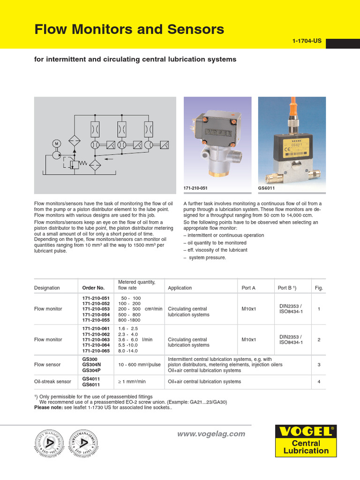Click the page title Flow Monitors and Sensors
click(129, 30)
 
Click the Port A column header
click(248, 288)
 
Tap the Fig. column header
click(319, 288)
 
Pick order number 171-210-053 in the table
click(96, 309)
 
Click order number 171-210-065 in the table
click(96, 351)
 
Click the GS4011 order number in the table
click(90, 378)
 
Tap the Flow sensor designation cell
click(46, 364)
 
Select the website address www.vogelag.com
click(211, 434)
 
